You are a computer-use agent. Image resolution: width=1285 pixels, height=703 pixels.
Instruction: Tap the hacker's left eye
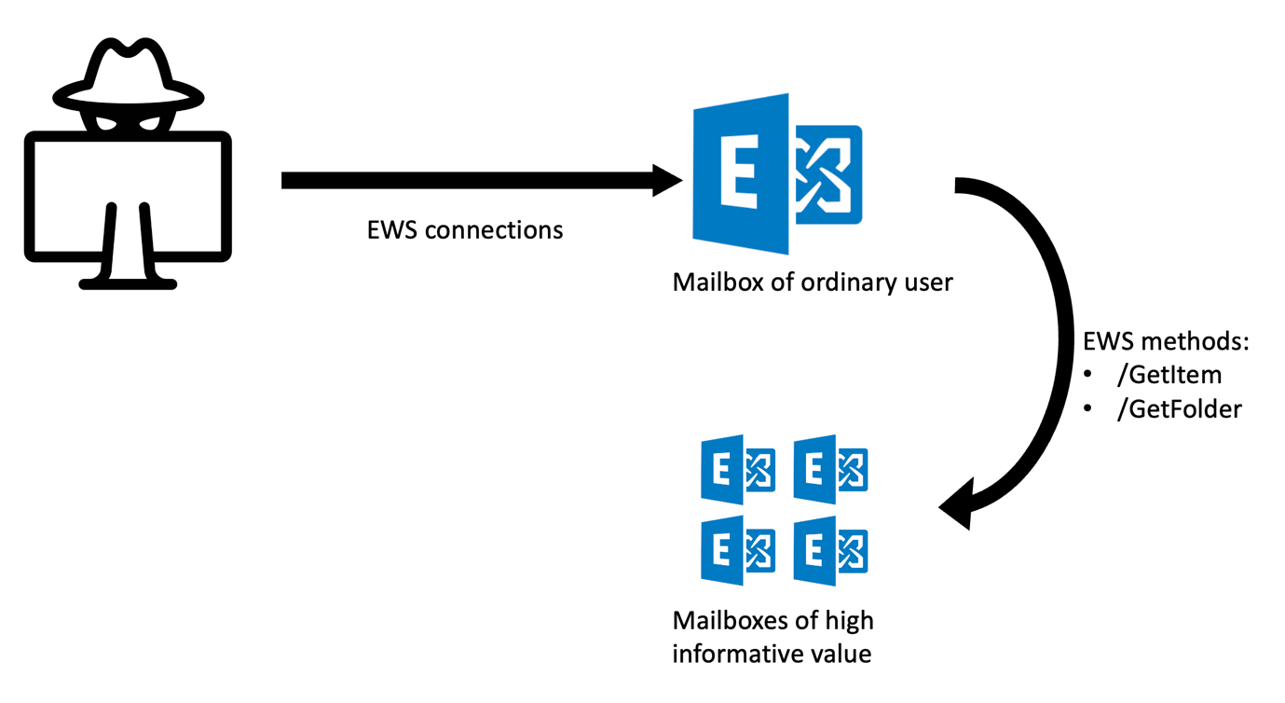107,122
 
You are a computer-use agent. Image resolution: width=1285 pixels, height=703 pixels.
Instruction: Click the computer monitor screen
128,197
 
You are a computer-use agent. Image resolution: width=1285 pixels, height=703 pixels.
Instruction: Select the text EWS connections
465,230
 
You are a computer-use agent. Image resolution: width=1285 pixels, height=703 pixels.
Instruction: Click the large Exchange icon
777,173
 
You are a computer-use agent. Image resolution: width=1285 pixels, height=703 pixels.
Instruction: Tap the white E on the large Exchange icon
740,172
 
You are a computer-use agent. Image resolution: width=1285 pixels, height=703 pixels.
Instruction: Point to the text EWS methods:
1166,341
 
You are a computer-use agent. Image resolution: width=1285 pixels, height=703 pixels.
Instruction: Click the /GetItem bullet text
1169,375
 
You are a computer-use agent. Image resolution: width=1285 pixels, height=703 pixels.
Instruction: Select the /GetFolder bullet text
1180,409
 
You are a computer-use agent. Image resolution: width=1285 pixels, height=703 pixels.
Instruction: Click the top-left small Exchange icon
738,469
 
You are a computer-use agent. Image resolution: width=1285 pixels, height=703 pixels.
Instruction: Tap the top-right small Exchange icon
830,469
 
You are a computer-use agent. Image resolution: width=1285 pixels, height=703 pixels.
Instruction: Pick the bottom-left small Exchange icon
738,550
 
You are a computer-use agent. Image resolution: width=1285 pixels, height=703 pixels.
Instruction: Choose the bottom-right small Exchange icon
830,550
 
